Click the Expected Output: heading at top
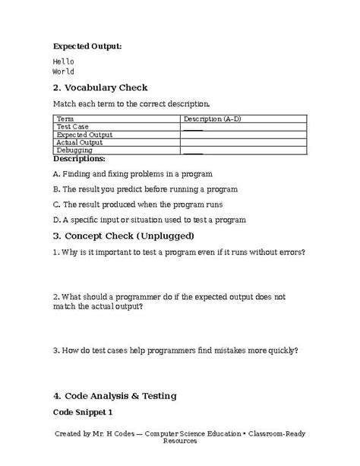pos(87,46)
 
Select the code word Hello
pos(64,61)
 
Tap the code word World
pos(64,71)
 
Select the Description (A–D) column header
pos(212,119)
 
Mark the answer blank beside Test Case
pos(193,127)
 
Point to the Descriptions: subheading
pos(79,159)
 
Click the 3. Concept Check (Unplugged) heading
pos(124,235)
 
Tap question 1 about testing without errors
pos(179,252)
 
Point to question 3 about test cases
pos(175,350)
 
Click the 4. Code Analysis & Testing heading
pos(115,395)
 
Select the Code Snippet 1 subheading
pos(83,411)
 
